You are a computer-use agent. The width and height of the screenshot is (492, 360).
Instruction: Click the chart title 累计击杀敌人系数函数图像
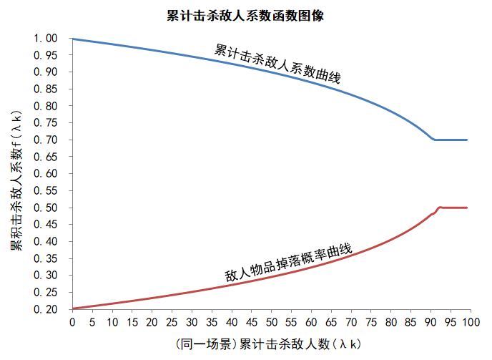pos(245,15)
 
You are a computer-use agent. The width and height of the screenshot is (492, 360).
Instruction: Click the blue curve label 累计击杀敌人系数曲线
pos(277,64)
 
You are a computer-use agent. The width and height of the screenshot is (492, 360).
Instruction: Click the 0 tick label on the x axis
pos(72,323)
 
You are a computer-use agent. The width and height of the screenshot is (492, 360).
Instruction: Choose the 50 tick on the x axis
pos(271,323)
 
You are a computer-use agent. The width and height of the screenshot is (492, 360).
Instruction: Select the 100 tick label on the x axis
pos(470,323)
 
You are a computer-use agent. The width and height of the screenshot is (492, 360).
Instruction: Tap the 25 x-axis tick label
pos(172,323)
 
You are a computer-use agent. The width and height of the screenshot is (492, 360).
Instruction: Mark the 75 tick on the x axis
pos(370,323)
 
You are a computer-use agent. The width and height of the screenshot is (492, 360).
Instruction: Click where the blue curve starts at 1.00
pos(73,39)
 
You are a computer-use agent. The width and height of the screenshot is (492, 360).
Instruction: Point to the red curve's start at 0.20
pos(73,308)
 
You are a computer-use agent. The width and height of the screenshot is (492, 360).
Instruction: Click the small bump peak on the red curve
pos(439,207)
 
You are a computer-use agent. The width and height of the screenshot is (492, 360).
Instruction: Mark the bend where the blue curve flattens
pos(435,140)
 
